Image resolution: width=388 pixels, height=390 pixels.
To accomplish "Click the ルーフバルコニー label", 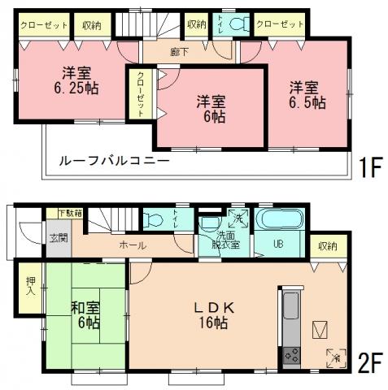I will [x=113, y=161].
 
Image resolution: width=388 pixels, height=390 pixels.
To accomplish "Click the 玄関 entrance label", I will [x=59, y=238].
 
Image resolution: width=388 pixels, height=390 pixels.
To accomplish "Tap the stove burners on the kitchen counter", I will [x=291, y=355].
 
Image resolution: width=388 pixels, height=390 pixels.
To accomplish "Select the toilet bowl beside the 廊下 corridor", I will [x=237, y=24].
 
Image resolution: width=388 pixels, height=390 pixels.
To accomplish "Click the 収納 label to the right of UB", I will [x=328, y=245].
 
